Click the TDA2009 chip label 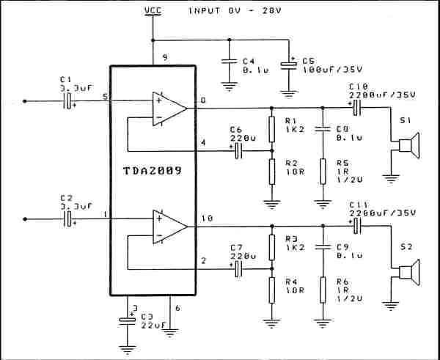click(153, 170)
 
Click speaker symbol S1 click(406, 146)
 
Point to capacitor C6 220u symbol click(238, 152)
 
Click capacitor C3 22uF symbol click(128, 320)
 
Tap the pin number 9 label click(166, 56)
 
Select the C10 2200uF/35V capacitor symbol click(357, 108)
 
